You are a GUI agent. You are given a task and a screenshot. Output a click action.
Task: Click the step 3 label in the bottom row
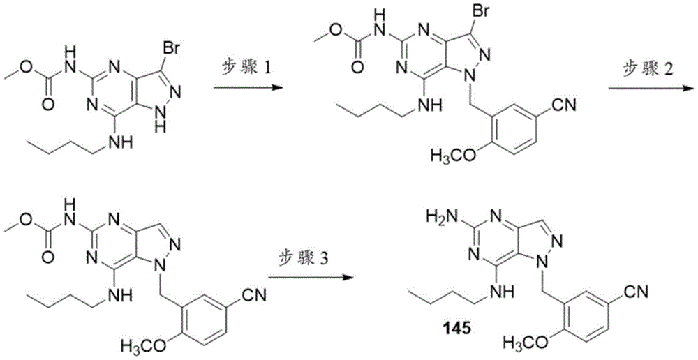304,257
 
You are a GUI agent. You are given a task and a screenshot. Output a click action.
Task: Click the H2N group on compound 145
438,218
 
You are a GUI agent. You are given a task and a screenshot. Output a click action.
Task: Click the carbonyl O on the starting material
50,105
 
